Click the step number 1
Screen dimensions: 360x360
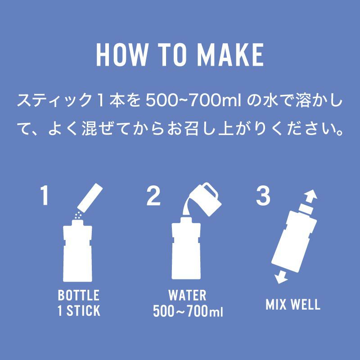[44, 195]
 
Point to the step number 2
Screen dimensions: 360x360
[153, 195]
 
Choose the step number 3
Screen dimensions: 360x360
[263, 195]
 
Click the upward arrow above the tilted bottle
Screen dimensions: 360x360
[310, 197]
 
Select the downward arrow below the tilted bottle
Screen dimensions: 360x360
[281, 277]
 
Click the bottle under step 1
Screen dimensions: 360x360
[77, 251]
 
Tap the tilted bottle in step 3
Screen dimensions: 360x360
[295, 238]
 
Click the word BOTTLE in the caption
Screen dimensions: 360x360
[78, 295]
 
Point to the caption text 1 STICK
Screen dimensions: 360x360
[79, 310]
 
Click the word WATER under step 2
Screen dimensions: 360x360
[187, 295]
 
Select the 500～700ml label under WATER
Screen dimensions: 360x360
[188, 311]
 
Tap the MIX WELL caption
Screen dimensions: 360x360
[293, 304]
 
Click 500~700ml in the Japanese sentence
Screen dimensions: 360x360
[193, 100]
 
